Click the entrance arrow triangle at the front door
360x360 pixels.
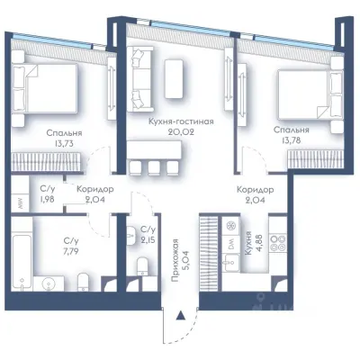pos(180,316)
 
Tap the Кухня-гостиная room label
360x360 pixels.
pos(181,121)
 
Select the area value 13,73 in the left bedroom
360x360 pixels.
pos(60,143)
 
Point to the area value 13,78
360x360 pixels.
pos(291,140)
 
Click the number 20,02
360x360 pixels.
pos(181,132)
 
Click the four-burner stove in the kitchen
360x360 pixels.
pos(277,243)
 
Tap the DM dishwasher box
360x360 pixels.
pos(231,245)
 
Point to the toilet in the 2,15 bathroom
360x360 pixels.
pos(142,266)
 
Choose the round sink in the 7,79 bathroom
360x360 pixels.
pos(48,283)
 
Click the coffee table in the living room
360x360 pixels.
pos(174,78)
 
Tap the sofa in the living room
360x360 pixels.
pos(139,78)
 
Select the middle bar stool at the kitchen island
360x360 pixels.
pos(154,167)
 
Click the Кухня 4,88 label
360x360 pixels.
pos(251,243)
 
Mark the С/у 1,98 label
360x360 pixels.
pos(48,194)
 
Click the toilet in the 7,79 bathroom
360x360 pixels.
pos(83,282)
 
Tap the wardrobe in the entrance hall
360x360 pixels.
pos(208,254)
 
